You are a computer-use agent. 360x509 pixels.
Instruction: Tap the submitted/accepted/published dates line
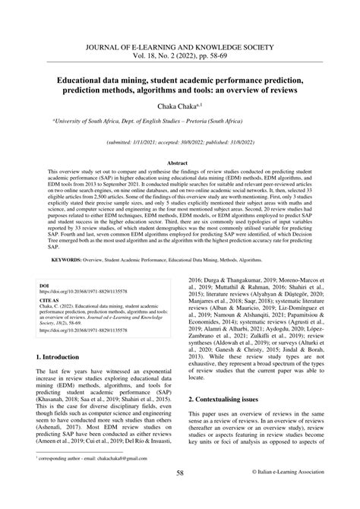tap(179, 141)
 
